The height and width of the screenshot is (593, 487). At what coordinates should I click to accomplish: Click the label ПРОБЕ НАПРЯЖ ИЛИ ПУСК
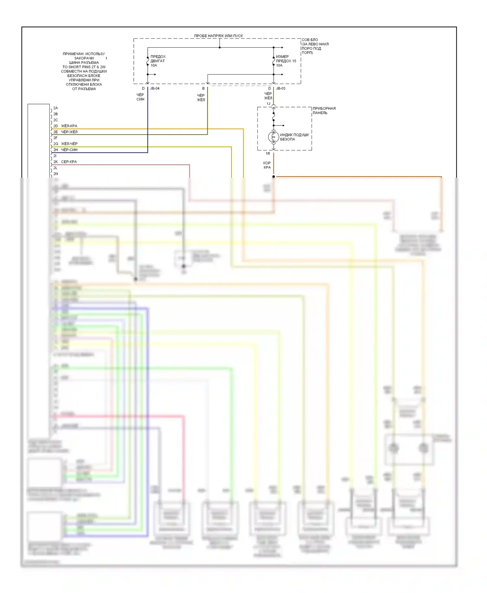tap(219, 36)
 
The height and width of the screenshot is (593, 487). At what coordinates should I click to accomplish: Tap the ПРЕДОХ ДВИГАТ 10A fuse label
tap(158, 61)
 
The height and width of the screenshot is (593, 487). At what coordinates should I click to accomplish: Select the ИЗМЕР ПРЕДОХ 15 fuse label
tap(286, 61)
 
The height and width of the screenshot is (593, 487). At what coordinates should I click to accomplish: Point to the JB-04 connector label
tap(155, 88)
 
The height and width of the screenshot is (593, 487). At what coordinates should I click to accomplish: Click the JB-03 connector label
tap(281, 88)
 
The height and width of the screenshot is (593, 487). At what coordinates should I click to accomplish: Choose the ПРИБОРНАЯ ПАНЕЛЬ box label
tap(324, 111)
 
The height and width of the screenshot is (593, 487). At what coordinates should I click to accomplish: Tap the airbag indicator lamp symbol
tap(273, 137)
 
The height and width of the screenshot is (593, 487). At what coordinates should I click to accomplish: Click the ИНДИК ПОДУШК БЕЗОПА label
tap(294, 137)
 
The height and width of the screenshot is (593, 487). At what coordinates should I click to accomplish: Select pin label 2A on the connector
tap(56, 108)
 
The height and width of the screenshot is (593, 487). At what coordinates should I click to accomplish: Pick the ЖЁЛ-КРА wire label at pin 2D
tap(69, 126)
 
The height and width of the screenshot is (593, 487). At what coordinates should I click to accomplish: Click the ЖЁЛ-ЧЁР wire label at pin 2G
tap(69, 144)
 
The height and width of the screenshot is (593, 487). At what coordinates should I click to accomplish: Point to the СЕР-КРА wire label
tap(69, 162)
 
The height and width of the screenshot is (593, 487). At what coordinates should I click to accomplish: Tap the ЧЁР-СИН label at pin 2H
tap(69, 150)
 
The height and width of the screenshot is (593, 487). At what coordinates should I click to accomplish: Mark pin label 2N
tap(56, 174)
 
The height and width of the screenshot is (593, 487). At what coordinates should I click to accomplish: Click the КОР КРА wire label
tap(267, 165)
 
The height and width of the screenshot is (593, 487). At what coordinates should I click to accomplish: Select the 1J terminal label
tap(268, 103)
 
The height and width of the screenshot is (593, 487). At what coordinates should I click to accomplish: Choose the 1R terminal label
tap(268, 153)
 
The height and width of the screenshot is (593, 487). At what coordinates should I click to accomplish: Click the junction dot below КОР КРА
tap(273, 177)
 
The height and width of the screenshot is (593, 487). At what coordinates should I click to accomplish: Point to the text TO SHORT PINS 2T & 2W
tap(84, 67)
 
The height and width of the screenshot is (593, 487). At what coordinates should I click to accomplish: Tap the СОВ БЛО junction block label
tap(310, 40)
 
